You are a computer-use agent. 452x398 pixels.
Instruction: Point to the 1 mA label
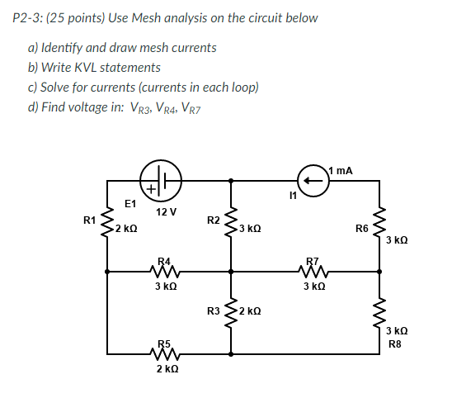[x=341, y=170]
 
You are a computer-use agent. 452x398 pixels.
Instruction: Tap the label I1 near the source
[x=286, y=196]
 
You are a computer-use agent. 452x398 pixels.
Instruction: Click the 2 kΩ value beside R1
[x=126, y=228]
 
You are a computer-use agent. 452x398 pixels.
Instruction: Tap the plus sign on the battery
[x=151, y=190]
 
